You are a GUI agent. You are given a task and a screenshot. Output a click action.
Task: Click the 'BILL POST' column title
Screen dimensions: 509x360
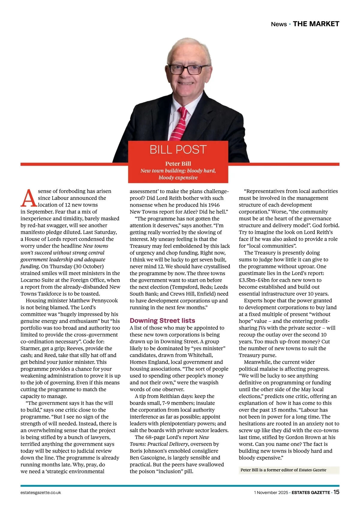pos(178,149)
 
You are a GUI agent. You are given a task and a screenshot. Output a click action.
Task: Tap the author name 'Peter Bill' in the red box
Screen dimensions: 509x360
pos(178,164)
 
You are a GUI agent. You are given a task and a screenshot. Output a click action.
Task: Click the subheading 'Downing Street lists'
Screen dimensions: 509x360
pos(162,321)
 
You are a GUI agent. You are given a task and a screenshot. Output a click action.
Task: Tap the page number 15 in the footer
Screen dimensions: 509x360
pos(336,492)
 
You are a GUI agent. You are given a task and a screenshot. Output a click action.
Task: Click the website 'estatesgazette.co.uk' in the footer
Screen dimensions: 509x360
pos(41,492)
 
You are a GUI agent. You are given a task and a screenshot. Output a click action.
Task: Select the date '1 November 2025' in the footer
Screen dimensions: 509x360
pos(271,492)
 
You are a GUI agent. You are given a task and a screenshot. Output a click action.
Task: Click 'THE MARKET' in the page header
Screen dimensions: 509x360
pos(316,24)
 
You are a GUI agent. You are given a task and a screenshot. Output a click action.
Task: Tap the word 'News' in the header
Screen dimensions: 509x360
pos(279,24)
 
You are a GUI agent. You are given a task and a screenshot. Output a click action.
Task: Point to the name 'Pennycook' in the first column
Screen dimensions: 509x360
pos(106,300)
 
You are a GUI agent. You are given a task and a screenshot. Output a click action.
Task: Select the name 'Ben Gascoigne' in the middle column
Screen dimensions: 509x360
pos(147,458)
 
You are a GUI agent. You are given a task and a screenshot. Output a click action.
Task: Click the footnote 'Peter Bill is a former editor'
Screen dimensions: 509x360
pos(269,470)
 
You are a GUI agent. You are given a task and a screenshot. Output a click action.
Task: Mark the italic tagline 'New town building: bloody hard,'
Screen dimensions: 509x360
pos(178,171)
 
